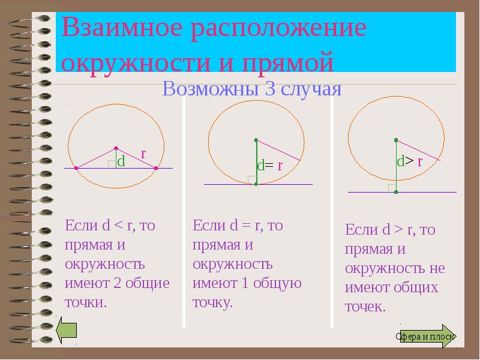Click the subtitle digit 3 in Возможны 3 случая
click(267, 89)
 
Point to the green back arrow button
click(67, 329)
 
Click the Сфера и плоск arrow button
click(427, 337)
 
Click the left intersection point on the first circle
click(76, 169)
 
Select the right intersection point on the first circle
click(155, 169)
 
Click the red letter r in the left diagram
click(143, 154)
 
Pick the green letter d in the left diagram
click(121, 161)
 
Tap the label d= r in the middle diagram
click(269, 166)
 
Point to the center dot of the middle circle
click(256, 140)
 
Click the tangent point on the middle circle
click(256, 184)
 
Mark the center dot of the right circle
click(396, 140)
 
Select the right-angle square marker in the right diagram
click(392, 188)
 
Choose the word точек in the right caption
click(364, 307)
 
